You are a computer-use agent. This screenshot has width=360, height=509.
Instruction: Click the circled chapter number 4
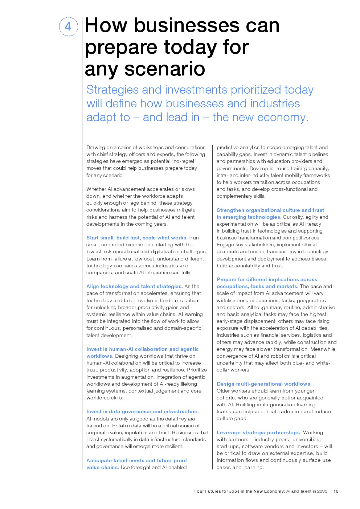click(68, 26)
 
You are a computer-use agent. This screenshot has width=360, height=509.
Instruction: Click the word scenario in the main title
click(165, 69)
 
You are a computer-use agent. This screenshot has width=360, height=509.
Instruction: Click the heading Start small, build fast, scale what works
click(137, 238)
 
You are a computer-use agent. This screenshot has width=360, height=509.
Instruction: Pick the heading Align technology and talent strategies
click(134, 286)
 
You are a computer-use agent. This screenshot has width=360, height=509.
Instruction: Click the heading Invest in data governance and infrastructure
click(142, 411)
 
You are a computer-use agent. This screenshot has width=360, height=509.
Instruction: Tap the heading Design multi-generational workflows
click(264, 384)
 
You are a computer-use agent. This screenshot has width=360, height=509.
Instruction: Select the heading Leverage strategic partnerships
click(259, 432)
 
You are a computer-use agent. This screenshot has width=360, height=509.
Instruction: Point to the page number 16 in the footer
click(336, 491)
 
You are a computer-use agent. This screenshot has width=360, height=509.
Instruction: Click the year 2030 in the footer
click(322, 491)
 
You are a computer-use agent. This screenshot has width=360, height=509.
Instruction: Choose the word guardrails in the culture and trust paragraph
click(228, 251)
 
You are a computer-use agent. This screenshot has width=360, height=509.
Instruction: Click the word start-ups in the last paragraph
click(228, 446)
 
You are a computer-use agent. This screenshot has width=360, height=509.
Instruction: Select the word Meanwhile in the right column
click(323, 349)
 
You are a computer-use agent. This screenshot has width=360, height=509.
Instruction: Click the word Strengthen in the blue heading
click(230, 210)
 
